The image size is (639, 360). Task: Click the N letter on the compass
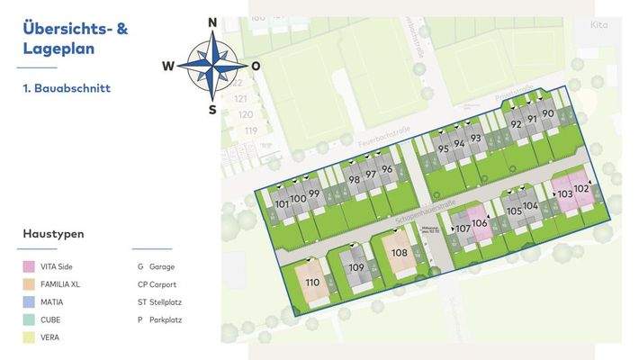[212, 22]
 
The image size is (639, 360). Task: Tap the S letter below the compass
[212, 110]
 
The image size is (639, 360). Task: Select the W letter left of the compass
[168, 66]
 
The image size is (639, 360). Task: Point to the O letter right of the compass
[256, 66]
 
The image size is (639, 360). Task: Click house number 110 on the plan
[311, 283]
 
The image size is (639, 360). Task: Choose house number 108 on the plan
[399, 252]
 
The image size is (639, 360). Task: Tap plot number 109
[356, 267]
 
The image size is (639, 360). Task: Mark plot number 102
[580, 189]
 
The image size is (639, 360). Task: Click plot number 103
[564, 193]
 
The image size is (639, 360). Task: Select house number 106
[479, 223]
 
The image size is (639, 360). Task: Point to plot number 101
[282, 204]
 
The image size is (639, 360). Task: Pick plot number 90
[547, 113]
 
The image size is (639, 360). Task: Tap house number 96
[386, 169]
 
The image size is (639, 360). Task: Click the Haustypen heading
[54, 234]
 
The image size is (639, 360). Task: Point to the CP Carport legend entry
[157, 284]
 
